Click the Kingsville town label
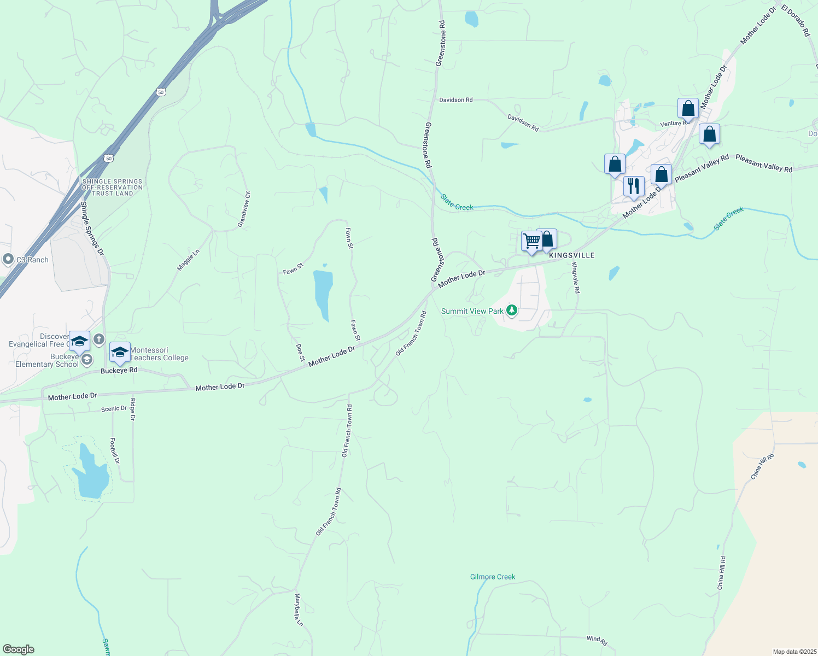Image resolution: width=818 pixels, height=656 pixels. coord(571,255)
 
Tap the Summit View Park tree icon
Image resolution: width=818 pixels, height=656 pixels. coord(512,311)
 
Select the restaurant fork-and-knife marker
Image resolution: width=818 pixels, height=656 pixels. coord(633,186)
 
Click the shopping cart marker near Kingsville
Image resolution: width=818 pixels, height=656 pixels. coord(531,241)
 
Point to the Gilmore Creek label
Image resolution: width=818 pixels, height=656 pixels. coord(493,577)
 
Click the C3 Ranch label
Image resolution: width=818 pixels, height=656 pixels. coord(32,260)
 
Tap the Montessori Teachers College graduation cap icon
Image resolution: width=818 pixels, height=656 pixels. coord(120,352)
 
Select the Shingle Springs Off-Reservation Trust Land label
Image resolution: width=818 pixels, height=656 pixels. coord(112,188)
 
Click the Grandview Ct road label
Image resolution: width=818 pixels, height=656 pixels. coord(244,209)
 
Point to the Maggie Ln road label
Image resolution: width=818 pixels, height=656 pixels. coord(188,260)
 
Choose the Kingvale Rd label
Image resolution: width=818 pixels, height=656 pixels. coord(575,278)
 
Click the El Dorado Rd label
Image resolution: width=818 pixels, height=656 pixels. coord(796,21)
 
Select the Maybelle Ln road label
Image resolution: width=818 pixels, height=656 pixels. coord(298,610)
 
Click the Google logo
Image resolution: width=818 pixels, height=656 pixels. coord(19,649)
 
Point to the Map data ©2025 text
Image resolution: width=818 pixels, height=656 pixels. coord(793,652)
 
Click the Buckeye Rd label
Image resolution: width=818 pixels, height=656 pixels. coord(119,370)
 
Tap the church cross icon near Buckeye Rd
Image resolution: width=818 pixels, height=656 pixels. coord(98,339)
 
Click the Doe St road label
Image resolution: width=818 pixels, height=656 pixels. coord(300,353)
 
